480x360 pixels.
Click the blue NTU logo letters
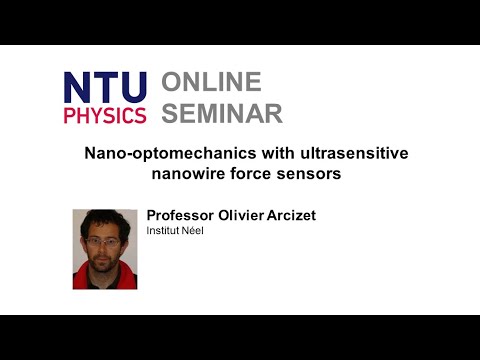(x=105, y=87)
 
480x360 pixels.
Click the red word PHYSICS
(x=105, y=113)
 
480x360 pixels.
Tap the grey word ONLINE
(x=212, y=83)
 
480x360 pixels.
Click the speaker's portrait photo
(x=105, y=249)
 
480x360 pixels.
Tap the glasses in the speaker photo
(x=104, y=241)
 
